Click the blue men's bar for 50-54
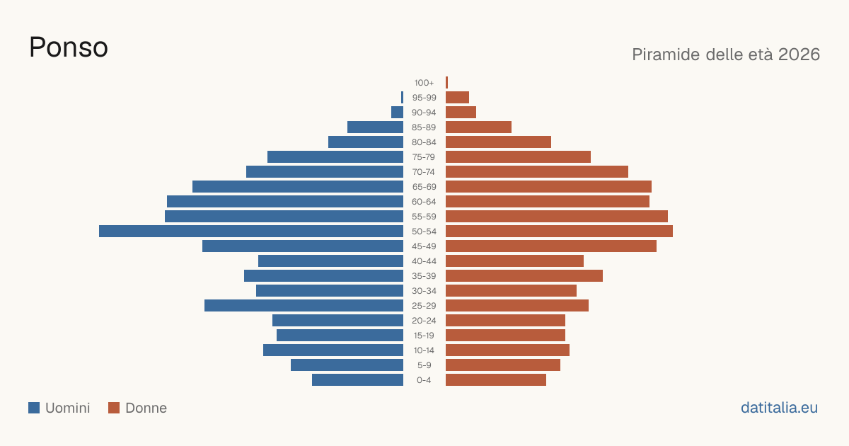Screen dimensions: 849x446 pos(251,231)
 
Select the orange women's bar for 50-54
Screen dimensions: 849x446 pos(559,231)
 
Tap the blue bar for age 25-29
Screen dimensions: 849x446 pos(304,306)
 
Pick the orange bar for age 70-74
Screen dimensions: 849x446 pos(537,172)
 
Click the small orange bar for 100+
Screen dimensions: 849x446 pos(447,83)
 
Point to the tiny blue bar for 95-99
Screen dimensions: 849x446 pos(402,98)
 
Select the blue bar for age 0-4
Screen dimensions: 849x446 pos(357,380)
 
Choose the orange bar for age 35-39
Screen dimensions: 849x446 pos(524,275)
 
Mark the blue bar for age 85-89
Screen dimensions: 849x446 pos(375,127)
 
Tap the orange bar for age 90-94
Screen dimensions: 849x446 pos(461,113)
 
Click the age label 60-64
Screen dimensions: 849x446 pos(424,202)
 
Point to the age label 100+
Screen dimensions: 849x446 pos(424,83)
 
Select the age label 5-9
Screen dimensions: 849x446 pos(424,365)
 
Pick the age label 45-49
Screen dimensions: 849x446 pos(424,246)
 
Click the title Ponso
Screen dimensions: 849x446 pos(69,47)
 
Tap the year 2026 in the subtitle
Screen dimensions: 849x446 pos(799,55)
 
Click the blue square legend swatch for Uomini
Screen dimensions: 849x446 pos(34,408)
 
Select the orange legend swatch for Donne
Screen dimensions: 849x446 pos(114,408)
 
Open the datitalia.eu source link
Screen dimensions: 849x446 pos(779,408)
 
